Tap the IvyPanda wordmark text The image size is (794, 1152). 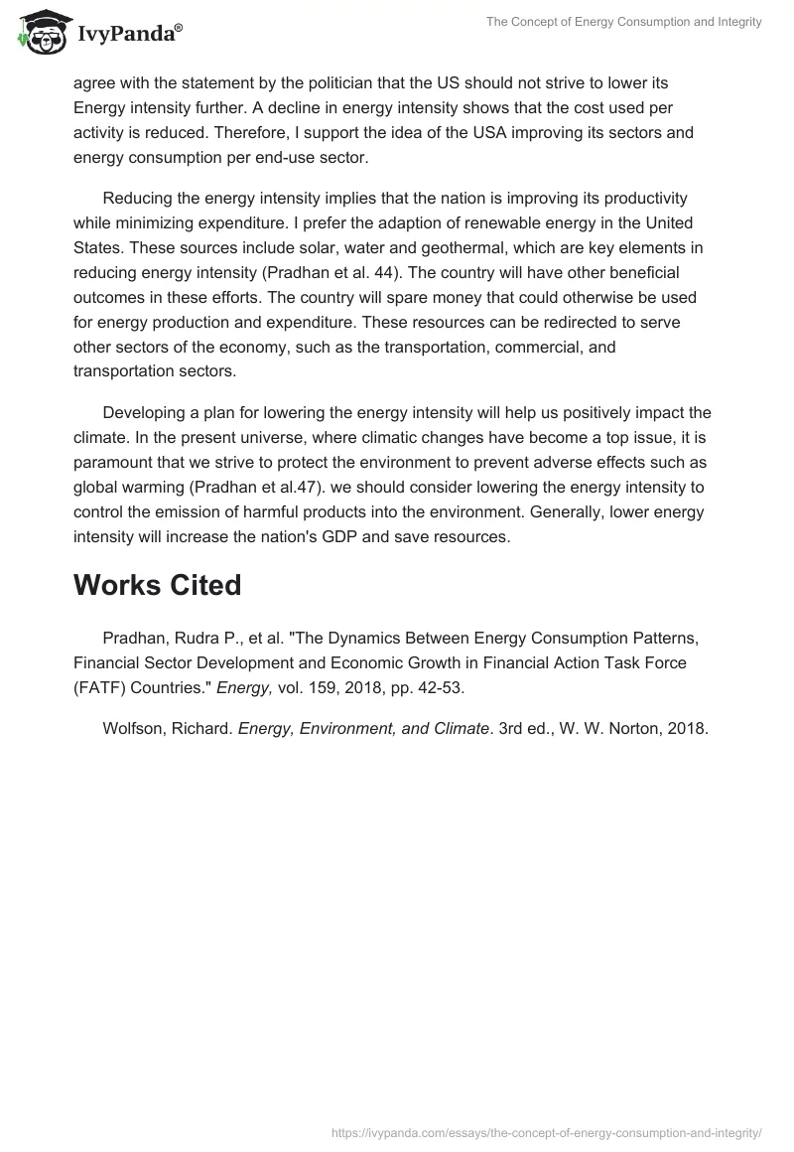tap(124, 34)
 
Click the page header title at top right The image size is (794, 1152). tap(623, 22)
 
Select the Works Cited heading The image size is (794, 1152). tap(157, 585)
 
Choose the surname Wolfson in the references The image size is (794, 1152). tap(133, 728)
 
